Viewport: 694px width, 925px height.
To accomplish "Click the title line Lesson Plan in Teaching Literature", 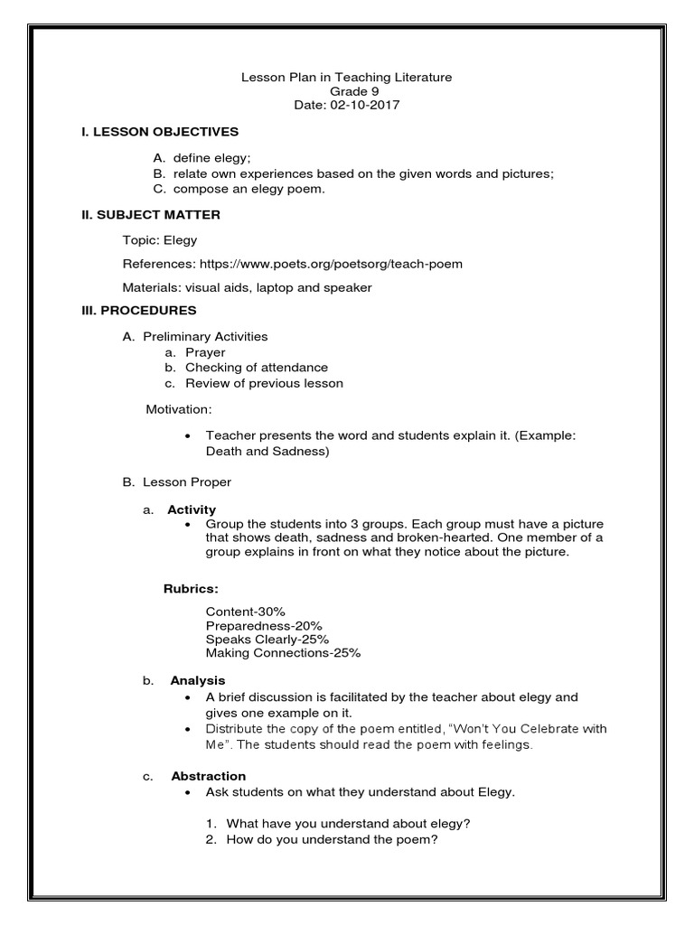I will [x=346, y=78].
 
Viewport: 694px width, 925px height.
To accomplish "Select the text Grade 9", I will [x=346, y=91].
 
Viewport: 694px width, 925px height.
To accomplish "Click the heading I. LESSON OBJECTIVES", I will [x=160, y=132].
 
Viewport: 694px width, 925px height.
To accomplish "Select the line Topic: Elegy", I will [x=160, y=241].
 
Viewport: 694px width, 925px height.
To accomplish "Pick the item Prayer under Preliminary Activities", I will [x=205, y=352].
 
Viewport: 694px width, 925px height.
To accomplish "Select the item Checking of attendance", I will [x=257, y=368].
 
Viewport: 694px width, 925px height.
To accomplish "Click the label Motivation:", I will [x=179, y=410].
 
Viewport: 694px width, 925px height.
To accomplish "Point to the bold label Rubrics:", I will [x=191, y=589].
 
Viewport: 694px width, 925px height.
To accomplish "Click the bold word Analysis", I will [x=196, y=680].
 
